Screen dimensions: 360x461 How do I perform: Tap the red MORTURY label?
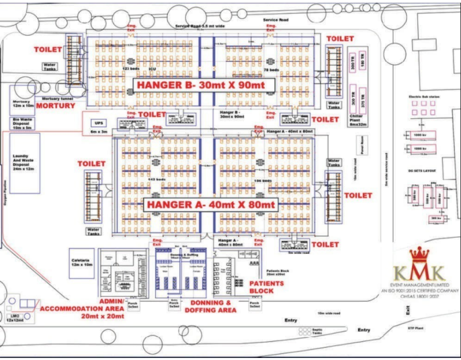point(55,106)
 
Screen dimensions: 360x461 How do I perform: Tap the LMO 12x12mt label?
point(14,316)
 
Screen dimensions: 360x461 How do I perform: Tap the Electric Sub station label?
point(423,97)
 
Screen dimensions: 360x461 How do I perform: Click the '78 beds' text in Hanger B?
point(271,70)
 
